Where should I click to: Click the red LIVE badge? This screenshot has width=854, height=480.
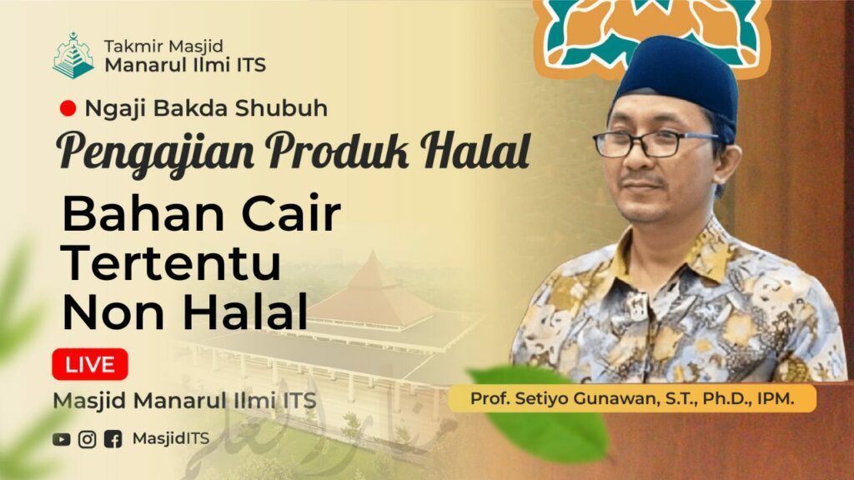click(90, 364)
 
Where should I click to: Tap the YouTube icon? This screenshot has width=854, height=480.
click(62, 439)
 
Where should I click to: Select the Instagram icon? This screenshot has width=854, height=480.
click(87, 439)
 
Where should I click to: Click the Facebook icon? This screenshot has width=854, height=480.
click(113, 439)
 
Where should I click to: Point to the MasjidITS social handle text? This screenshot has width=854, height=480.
click(170, 438)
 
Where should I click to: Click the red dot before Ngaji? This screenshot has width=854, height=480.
click(68, 108)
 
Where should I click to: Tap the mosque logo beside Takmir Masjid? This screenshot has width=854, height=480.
click(73, 56)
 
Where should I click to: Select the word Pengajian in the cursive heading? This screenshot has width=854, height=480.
click(154, 152)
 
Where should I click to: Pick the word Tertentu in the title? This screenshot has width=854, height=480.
click(172, 262)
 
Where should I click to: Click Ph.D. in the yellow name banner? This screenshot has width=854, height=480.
click(728, 399)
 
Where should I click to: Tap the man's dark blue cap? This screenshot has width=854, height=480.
click(678, 82)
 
